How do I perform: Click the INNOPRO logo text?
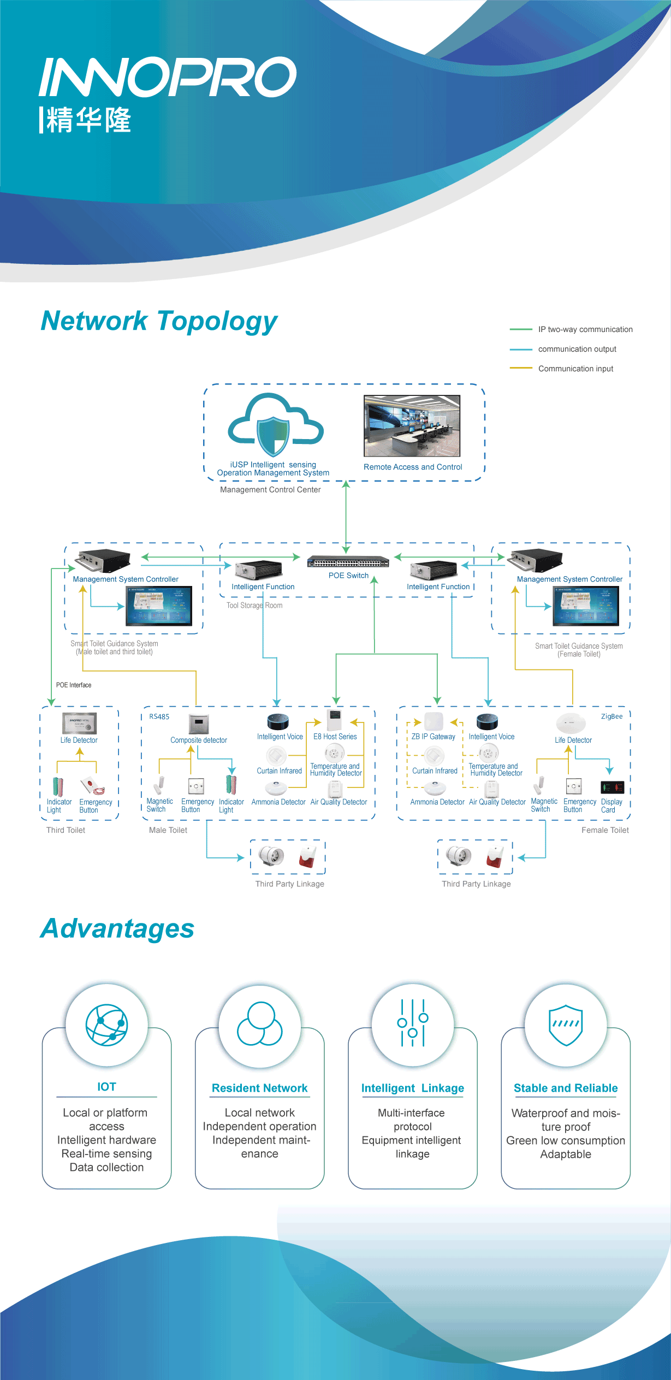click(x=168, y=77)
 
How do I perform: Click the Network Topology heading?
click(x=159, y=321)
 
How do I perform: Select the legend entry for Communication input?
click(x=575, y=369)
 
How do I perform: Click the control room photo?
click(x=412, y=426)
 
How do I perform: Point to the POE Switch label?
click(x=348, y=576)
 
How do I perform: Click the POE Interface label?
click(x=74, y=685)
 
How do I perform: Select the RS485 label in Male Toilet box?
click(x=159, y=716)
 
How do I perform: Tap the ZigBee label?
click(x=611, y=716)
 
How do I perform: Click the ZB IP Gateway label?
click(x=433, y=737)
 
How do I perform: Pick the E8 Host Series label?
click(x=335, y=737)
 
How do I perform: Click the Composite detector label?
click(x=199, y=740)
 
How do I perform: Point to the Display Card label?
click(x=611, y=806)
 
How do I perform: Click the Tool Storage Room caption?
click(x=254, y=605)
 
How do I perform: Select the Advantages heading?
click(x=117, y=929)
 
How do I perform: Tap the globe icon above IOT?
click(x=107, y=1024)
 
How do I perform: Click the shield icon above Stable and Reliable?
click(x=566, y=1024)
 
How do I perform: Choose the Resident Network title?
click(x=260, y=1088)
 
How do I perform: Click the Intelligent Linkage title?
click(x=413, y=1088)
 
